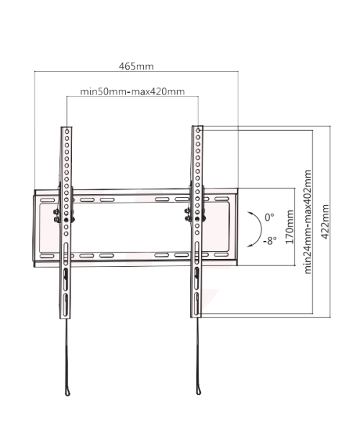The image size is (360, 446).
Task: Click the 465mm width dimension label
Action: pos(136,66)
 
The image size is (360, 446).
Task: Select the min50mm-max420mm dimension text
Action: pos(132,91)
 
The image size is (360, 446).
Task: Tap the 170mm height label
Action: pos(289,227)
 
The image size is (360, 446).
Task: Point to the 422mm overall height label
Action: pos(325,222)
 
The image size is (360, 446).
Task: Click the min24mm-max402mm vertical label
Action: pos(308,222)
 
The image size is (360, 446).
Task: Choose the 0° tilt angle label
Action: pos(269,217)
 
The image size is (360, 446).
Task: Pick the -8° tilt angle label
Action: pos(269,241)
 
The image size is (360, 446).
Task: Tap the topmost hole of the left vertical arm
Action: pos(67,132)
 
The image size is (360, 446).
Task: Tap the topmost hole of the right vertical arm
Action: pos(198,130)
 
